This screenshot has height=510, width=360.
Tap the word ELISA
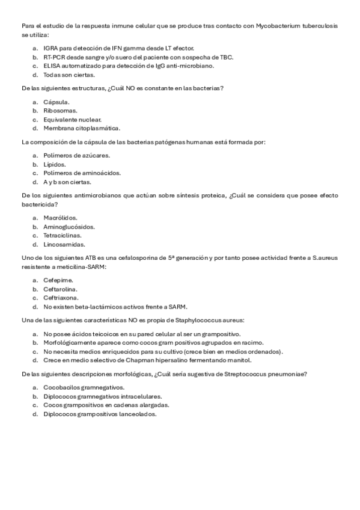click(52, 66)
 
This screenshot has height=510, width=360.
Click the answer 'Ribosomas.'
click(60, 111)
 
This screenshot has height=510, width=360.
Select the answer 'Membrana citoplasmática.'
click(82, 128)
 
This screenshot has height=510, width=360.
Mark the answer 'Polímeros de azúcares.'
click(76, 155)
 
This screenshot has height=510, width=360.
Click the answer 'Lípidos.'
click(55, 164)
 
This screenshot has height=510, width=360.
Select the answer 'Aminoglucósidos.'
click(69, 227)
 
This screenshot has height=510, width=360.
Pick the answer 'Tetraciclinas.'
click(64, 236)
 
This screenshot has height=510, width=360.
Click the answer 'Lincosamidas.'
click(64, 245)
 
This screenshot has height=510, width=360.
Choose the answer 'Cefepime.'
click(58, 280)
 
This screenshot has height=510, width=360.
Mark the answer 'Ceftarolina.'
click(62, 289)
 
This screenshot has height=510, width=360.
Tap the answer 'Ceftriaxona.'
click(61, 298)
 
